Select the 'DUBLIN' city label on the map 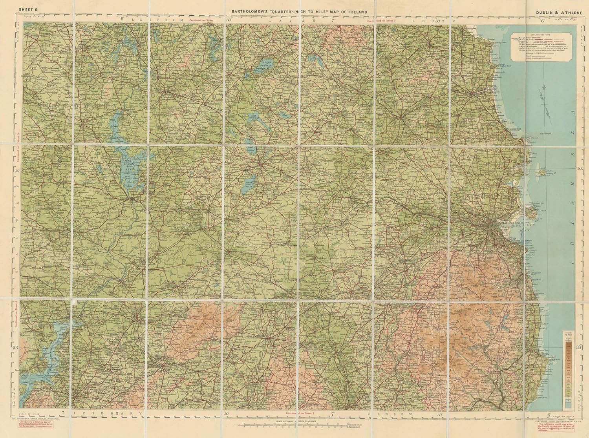coord(503,222)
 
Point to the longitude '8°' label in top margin coord(123,19)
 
